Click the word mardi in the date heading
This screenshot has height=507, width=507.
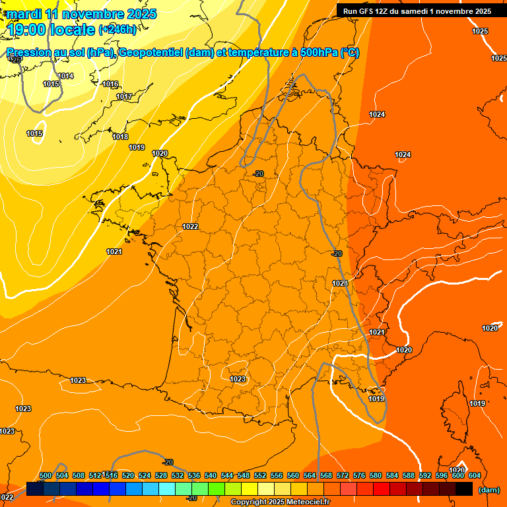(24, 14)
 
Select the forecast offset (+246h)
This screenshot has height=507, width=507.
(118, 29)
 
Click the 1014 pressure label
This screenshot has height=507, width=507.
(65, 76)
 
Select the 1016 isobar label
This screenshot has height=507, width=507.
(110, 84)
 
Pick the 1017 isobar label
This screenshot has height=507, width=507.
(124, 96)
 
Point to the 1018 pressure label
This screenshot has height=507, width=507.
(120, 137)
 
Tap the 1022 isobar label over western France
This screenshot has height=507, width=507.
(190, 226)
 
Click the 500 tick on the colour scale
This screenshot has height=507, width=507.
(46, 475)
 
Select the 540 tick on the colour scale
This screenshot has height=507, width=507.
(211, 475)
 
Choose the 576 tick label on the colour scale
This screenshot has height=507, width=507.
(359, 475)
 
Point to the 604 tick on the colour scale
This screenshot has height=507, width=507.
(474, 475)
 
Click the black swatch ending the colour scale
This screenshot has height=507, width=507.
(464, 489)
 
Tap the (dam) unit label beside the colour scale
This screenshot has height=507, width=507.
(489, 490)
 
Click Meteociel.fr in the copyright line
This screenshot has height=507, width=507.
(306, 502)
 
